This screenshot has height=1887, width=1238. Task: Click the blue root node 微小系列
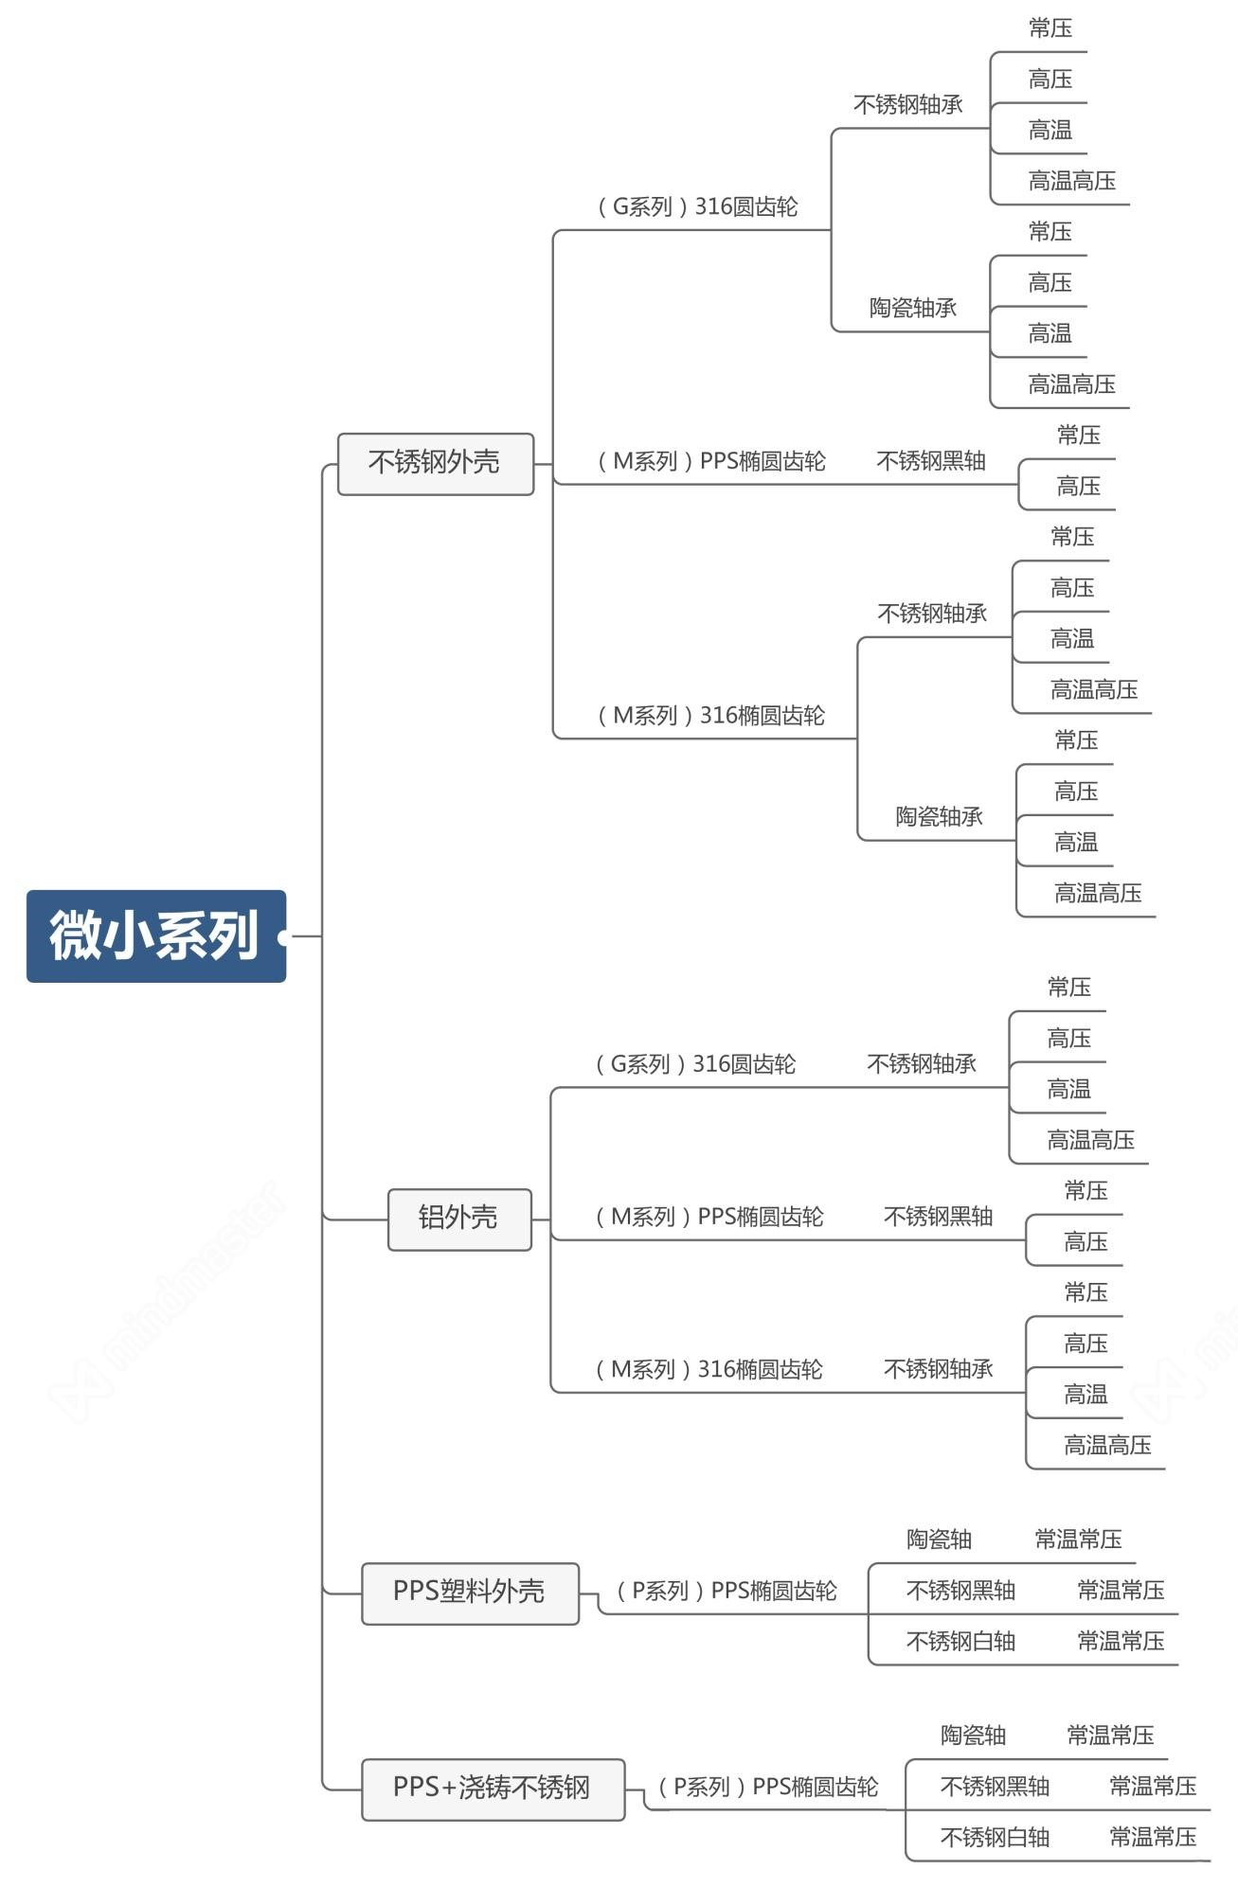154,935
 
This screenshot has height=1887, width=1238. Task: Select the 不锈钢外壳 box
435,463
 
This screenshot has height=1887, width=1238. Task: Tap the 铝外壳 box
458,1218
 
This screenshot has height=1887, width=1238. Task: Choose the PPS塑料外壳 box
469,1591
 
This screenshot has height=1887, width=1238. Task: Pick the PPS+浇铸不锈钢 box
492,1787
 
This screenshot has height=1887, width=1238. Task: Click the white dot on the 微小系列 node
283,936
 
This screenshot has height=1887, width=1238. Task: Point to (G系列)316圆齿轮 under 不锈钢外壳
698,206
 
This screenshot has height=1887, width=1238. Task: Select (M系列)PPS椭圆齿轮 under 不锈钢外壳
711,461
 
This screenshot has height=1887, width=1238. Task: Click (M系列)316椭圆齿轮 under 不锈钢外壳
711,716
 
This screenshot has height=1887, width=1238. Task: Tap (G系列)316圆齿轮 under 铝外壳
696,1064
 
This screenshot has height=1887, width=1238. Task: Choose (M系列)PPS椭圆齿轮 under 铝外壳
709,1217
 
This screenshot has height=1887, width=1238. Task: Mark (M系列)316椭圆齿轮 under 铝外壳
709,1369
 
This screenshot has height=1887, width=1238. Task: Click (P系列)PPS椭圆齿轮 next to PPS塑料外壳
727,1591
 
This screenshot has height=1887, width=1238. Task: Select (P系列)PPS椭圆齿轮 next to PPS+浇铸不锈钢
768,1787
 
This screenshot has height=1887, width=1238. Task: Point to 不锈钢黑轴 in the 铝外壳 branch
938,1217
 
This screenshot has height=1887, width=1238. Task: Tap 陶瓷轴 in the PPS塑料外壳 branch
939,1540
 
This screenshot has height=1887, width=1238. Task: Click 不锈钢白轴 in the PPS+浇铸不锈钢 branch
995,1838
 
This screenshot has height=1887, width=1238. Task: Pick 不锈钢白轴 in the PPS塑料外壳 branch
960,1641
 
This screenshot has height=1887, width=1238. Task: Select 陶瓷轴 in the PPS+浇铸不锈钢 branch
973,1736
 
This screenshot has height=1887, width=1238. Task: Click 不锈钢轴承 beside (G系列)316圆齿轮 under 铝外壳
922,1064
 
